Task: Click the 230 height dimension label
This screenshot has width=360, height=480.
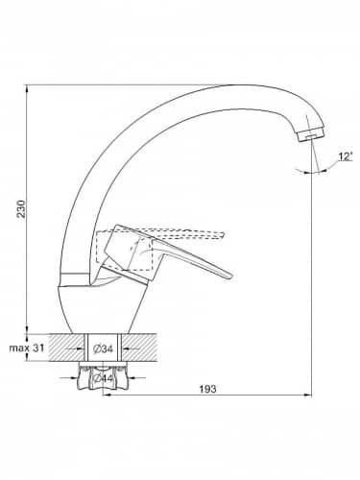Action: (x=21, y=209)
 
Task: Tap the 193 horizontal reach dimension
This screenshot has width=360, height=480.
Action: (x=207, y=389)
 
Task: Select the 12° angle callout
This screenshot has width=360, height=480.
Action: (x=346, y=156)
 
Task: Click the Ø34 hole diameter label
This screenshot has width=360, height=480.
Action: (x=103, y=348)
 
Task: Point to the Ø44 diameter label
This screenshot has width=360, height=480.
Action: (x=103, y=378)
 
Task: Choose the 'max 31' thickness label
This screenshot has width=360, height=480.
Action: (x=27, y=348)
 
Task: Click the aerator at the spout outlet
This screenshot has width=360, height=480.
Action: (x=311, y=134)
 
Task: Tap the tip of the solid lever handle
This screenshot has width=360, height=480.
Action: (x=231, y=276)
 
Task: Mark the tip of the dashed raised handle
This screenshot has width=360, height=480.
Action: (x=224, y=234)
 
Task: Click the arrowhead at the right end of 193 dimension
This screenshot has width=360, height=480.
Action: (x=308, y=396)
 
